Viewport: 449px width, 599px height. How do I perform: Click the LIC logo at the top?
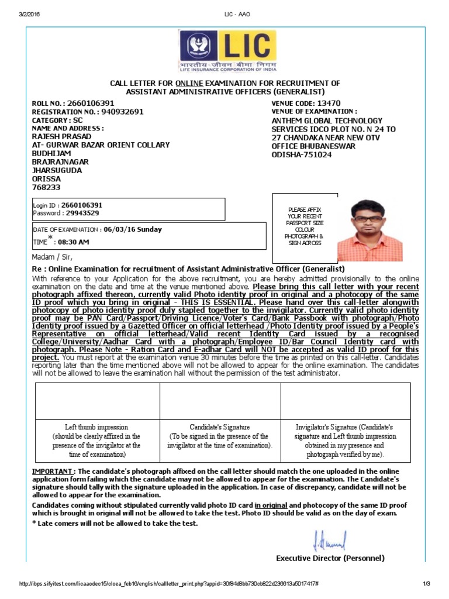[x=227, y=50]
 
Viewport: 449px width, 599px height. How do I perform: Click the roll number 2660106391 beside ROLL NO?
[x=91, y=103]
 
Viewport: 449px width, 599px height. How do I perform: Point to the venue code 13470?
[x=329, y=103]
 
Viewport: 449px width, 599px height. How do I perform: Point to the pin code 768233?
[x=46, y=187]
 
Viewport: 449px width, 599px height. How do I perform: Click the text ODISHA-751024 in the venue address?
[x=302, y=154]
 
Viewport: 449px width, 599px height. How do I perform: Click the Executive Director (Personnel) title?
[x=330, y=558]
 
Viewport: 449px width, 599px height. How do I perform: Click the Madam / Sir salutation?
[x=54, y=256]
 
